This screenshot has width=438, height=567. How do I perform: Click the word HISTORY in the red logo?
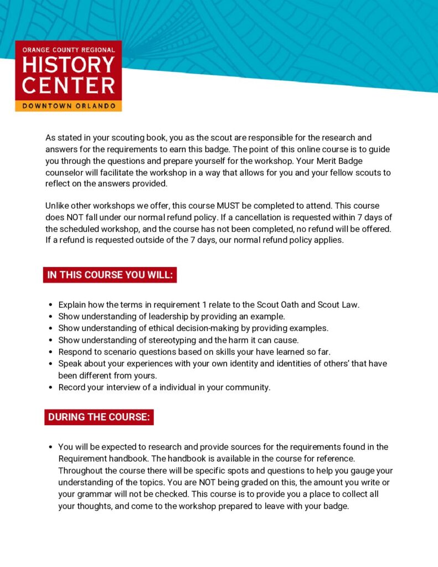coord(69,65)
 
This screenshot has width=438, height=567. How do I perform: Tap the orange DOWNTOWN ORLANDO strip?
coord(69,105)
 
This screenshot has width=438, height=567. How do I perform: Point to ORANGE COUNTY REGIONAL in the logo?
coord(69,50)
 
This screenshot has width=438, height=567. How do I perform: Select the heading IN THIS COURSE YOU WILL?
coord(110,275)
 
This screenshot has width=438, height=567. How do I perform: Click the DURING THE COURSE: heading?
coord(99,417)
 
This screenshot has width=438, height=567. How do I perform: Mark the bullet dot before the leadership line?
coord(50,317)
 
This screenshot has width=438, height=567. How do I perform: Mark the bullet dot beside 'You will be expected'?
coord(50,447)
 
